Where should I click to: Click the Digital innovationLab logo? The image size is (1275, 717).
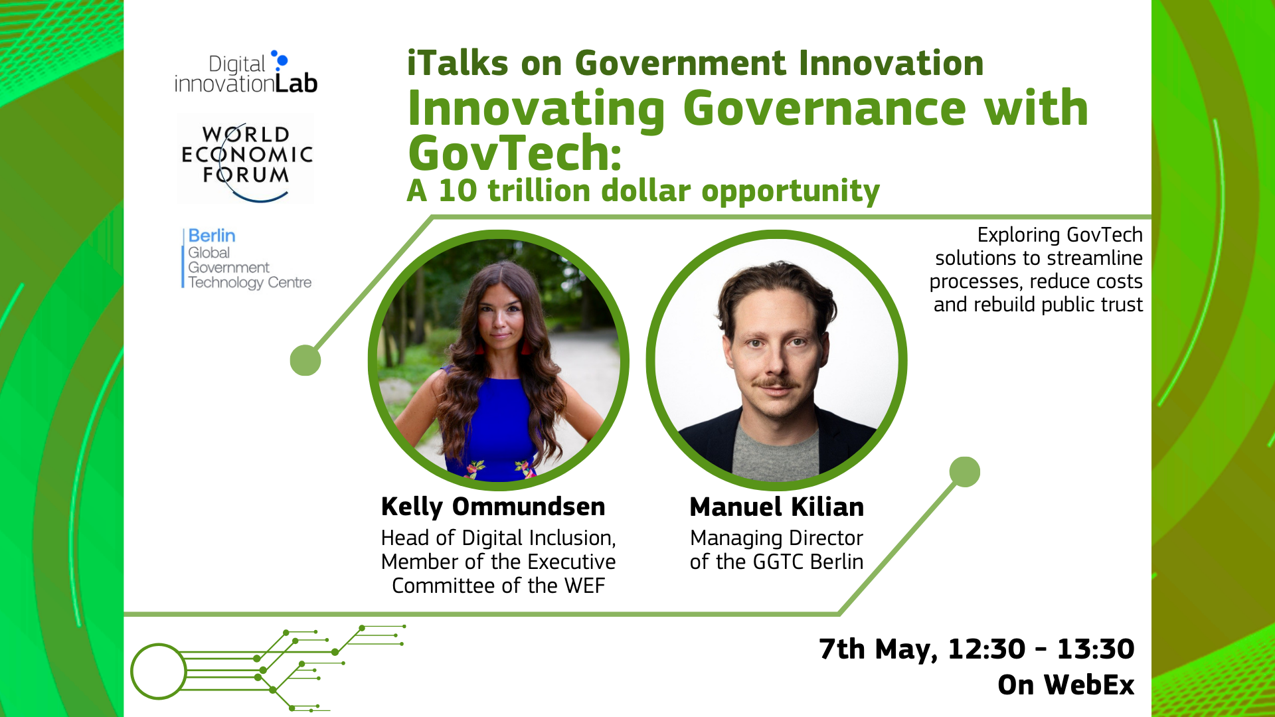246,72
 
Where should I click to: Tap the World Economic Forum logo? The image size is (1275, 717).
246,159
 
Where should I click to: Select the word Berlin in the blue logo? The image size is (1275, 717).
211,236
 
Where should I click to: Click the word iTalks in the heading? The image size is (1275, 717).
458,64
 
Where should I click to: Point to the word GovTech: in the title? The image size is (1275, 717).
515,153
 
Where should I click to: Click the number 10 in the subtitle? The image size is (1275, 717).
458,191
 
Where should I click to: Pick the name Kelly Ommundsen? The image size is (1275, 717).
493,507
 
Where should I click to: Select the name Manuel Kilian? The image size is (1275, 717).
777,507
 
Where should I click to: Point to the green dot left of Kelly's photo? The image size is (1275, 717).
305,360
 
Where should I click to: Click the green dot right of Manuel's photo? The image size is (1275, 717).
965,472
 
